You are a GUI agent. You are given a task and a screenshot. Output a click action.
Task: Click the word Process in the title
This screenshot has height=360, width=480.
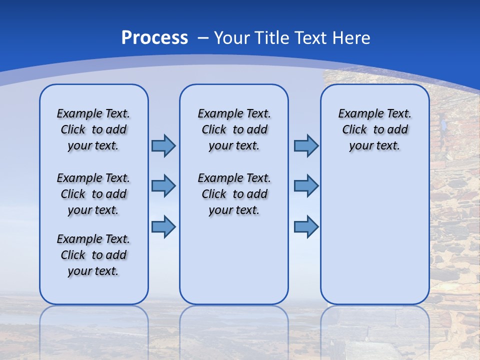click(x=154, y=37)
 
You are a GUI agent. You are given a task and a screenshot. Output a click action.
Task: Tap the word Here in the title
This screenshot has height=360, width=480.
click(x=351, y=38)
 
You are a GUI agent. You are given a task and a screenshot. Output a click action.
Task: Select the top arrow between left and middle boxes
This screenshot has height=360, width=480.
click(x=163, y=145)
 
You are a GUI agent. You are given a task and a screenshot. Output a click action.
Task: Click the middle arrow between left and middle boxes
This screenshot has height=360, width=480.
click(x=163, y=186)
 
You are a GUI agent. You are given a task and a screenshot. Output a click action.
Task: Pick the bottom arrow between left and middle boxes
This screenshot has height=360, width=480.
click(x=163, y=226)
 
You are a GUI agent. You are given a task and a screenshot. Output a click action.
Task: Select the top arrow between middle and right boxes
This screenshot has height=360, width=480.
click(x=306, y=145)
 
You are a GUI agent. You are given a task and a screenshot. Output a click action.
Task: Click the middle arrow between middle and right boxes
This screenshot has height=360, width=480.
click(x=306, y=186)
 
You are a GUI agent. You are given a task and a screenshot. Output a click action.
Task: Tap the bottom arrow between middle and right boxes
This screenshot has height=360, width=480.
click(x=306, y=226)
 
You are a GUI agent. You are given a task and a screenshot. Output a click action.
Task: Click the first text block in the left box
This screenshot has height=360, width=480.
click(x=93, y=129)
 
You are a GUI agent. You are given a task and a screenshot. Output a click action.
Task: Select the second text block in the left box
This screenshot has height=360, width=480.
click(x=93, y=194)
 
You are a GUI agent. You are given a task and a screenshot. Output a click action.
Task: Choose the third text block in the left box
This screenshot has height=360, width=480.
click(x=93, y=255)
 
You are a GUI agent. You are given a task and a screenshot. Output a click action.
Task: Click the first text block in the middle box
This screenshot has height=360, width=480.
click(x=234, y=129)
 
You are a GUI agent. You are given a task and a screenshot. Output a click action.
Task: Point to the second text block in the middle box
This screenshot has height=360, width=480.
click(x=234, y=194)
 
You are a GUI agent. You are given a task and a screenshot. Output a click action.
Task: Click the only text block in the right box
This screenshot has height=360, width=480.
click(x=374, y=129)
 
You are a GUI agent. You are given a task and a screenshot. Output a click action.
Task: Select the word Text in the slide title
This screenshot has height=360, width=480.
click(x=313, y=38)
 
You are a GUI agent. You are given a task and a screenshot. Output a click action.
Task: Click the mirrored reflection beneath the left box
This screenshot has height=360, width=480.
click(x=94, y=325)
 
